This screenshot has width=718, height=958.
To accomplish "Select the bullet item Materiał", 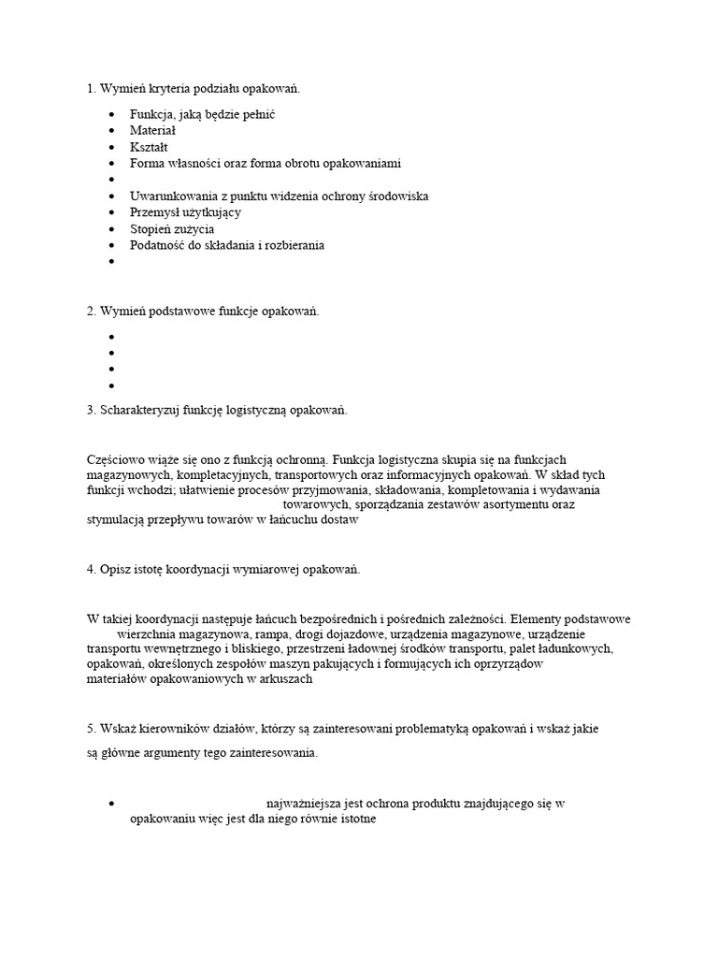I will coord(153,131).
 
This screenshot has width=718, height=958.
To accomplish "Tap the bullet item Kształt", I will coord(150,147).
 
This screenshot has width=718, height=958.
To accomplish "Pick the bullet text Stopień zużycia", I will coord(172,228).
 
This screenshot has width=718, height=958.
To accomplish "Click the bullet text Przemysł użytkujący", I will coord(185,212).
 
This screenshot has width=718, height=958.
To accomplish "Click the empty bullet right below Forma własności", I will coord(111,180).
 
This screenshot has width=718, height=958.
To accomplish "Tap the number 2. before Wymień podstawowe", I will coord(92,311).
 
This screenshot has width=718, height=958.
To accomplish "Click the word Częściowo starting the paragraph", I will coord(114,458).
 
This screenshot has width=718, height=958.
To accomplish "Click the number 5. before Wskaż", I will coord(92,728).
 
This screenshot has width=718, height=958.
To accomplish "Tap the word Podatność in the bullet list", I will coord(159,245).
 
